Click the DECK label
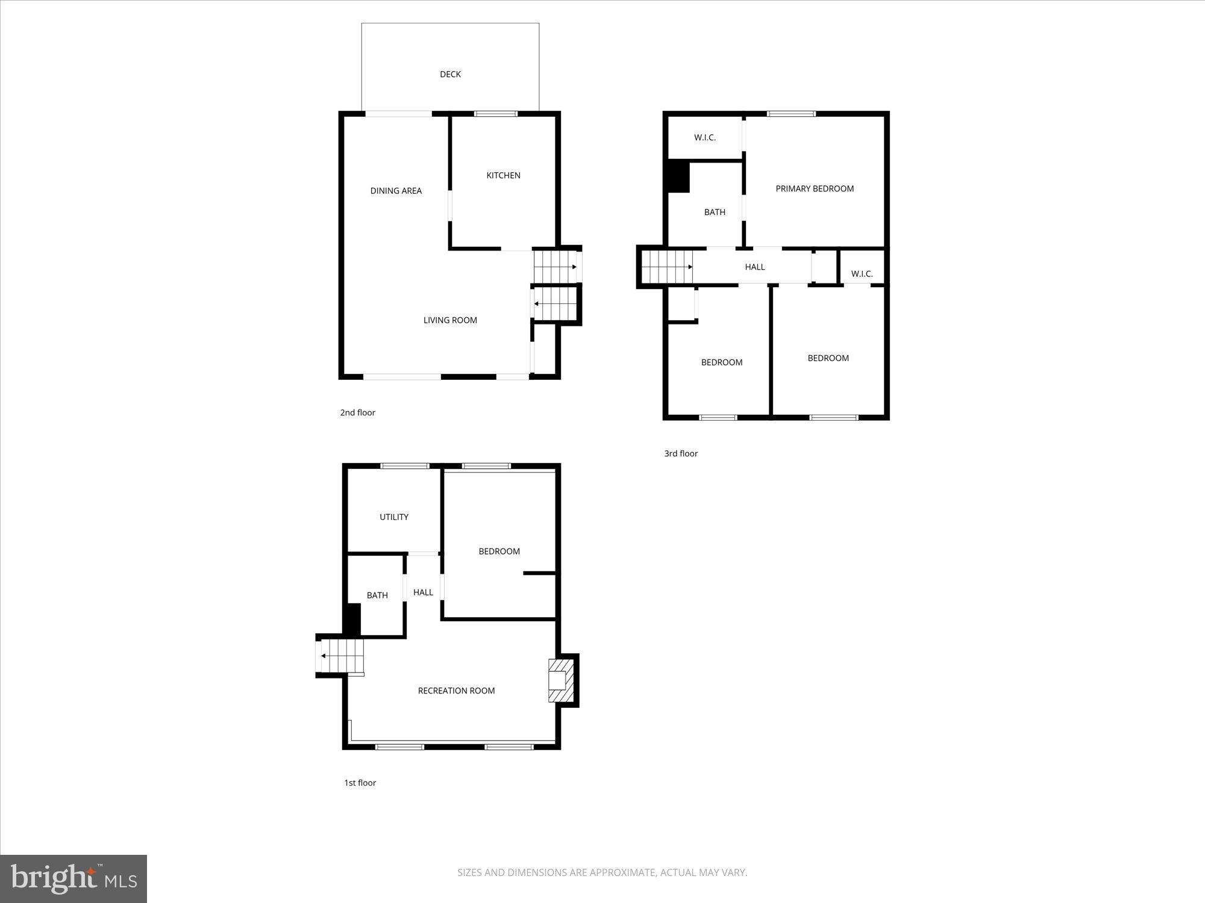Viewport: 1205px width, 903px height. coord(450,74)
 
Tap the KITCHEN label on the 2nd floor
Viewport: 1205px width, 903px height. coord(503,175)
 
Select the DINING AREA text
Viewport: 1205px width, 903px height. coord(396,191)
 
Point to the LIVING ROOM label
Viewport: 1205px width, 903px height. coord(450,320)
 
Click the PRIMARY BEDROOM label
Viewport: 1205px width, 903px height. coord(815,188)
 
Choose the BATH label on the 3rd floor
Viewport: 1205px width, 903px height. coord(715,212)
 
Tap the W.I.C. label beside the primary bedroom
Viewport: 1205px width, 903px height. coord(704,138)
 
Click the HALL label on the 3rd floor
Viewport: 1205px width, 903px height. coord(754,267)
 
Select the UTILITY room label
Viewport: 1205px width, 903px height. coord(394,517)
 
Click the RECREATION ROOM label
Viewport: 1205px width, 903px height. coord(456,690)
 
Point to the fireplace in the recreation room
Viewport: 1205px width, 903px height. coord(560,680)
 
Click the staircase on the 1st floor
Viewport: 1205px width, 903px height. coord(341,656)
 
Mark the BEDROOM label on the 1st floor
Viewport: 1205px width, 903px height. coord(499,551)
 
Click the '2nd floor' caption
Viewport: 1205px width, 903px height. coord(357,412)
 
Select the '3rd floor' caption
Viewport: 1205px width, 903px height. coord(681,453)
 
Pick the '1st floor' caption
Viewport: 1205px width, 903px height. coord(360,783)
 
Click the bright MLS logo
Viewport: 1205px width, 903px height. coord(74,878)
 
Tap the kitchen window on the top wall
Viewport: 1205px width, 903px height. coord(495,113)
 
